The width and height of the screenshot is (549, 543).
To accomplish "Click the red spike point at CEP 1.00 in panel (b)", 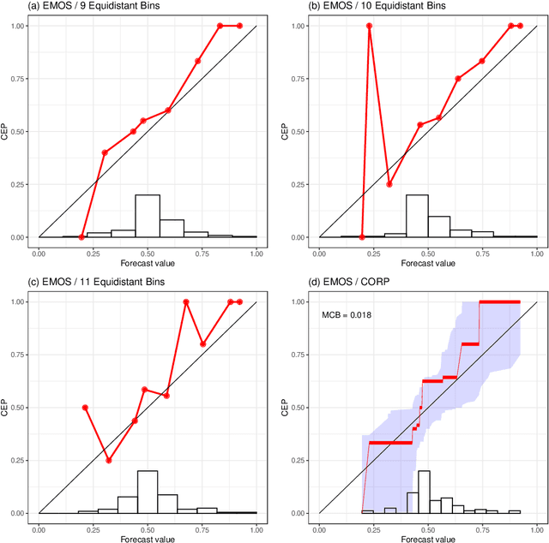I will point(370,26).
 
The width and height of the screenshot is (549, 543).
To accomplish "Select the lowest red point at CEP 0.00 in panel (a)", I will point(81,237).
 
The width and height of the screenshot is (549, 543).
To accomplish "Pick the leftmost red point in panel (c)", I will point(85,408).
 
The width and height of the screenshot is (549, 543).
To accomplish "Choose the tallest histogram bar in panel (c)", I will point(148,492).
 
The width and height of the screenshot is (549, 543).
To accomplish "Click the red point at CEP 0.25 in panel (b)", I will point(389,184).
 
